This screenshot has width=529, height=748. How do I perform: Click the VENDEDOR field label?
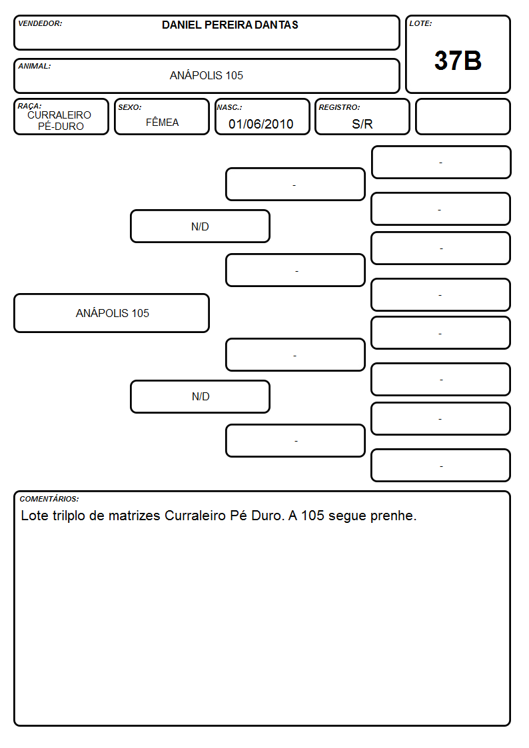40,23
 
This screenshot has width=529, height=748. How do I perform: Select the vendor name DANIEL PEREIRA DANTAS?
230,25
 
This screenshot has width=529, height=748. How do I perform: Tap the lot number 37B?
458,61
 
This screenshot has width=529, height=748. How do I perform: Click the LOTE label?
420,23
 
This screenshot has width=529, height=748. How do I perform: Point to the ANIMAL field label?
35,67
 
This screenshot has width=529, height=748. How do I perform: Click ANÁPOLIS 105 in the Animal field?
207,75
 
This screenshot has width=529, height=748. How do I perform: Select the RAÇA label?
29,106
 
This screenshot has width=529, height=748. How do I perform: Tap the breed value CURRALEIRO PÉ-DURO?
59,121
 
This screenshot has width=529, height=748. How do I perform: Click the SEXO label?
130,107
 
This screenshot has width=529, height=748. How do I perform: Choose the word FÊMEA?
162,123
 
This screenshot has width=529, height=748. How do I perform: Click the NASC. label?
229,107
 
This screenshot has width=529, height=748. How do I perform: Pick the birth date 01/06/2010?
261,124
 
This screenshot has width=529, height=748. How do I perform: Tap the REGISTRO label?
339,107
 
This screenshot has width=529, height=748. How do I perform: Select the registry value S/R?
362,124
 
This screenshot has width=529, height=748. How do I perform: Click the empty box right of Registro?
462,117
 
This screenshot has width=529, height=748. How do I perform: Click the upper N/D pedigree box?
200,226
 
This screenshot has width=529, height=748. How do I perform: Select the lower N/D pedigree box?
200,396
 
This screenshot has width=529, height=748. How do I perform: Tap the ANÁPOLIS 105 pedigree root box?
112,313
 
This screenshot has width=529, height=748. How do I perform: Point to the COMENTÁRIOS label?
49,499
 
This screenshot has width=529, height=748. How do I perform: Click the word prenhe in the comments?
394,516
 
